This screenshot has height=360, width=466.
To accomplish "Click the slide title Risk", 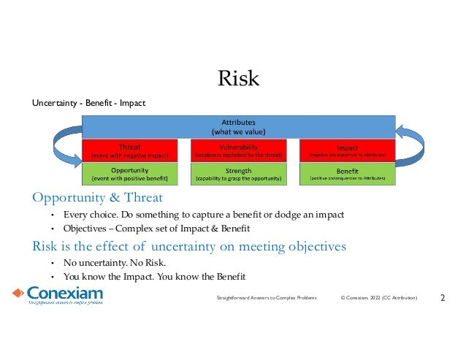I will coord(239,78).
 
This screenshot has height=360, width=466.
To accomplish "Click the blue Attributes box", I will coord(238,126).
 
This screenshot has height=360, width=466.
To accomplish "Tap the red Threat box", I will coord(130,150).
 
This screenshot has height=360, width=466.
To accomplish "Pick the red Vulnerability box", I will coord(238,150).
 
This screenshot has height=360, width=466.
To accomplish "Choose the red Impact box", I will coord(347,150).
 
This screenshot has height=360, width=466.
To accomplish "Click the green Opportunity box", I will coord(130,174).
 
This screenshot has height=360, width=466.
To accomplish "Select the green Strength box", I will coord(238,174).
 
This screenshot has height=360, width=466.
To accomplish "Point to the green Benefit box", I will coord(347,174).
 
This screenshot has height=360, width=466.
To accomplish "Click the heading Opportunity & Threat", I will coord(97,198).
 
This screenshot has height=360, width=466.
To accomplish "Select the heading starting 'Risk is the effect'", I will coord(188,246).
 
